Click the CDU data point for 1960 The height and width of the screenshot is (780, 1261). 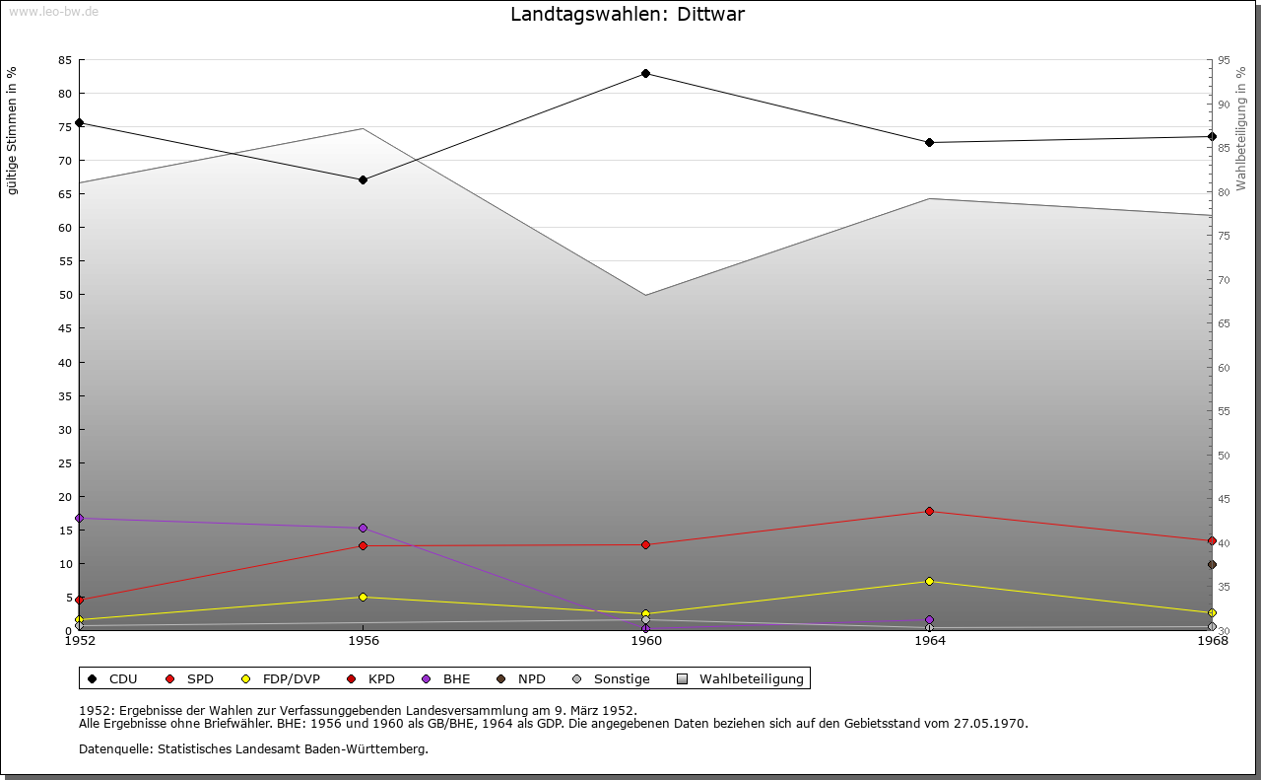pyautogui.click(x=646, y=73)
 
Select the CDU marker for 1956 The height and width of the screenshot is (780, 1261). pyautogui.click(x=363, y=179)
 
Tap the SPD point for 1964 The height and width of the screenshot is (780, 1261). pyautogui.click(x=929, y=511)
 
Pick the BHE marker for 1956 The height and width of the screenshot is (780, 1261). pyautogui.click(x=363, y=528)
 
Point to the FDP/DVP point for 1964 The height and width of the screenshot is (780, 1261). pyautogui.click(x=929, y=581)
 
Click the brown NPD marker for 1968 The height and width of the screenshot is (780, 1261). pyautogui.click(x=1212, y=564)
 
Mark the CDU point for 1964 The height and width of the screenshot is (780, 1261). pyautogui.click(x=929, y=142)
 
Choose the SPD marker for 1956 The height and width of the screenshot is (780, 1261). pyautogui.click(x=363, y=545)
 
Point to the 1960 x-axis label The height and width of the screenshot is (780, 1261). pyautogui.click(x=646, y=640)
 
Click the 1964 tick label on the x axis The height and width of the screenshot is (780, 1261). pyautogui.click(x=929, y=640)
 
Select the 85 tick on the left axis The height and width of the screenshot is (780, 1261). pyautogui.click(x=64, y=60)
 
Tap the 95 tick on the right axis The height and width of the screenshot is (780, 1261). pyautogui.click(x=1224, y=60)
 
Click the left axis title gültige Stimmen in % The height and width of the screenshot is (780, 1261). pyautogui.click(x=13, y=130)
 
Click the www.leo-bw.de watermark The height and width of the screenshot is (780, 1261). pyautogui.click(x=52, y=10)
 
